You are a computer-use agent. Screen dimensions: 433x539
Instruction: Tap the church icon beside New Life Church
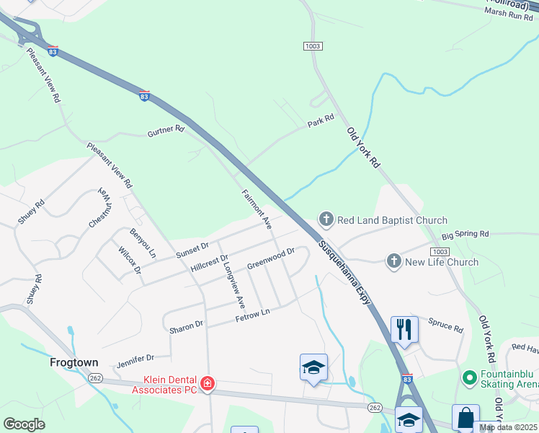pyautogui.click(x=393, y=261)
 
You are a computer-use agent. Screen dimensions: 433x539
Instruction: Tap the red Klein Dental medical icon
pyautogui.click(x=208, y=382)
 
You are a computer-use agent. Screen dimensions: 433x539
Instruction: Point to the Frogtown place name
pyautogui.click(x=73, y=362)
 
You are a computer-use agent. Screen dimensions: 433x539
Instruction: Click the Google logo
pyautogui.click(x=24, y=424)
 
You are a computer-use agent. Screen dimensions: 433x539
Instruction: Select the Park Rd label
pyautogui.click(x=321, y=121)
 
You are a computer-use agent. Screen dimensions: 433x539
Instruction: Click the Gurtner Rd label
pyautogui.click(x=166, y=132)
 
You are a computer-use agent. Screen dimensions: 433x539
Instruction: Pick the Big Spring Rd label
pyautogui.click(x=465, y=235)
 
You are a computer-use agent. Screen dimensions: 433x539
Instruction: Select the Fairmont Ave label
pyautogui.click(x=257, y=206)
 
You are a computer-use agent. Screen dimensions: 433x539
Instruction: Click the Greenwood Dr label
pyautogui.click(x=271, y=258)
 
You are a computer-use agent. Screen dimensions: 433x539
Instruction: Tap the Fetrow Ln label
pyautogui.click(x=252, y=315)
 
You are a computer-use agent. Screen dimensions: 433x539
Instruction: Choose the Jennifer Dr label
pyautogui.click(x=135, y=358)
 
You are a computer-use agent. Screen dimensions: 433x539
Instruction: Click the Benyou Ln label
pyautogui.click(x=142, y=242)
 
